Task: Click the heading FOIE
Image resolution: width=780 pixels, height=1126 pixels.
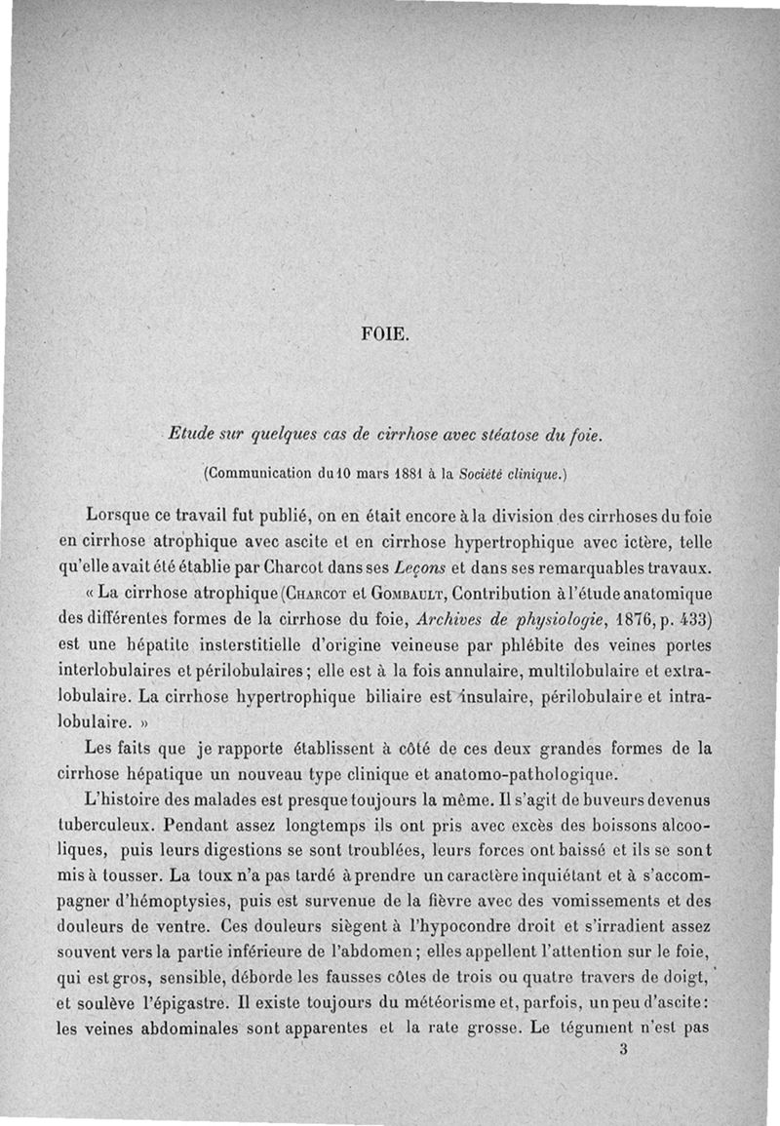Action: pyautogui.click(x=387, y=338)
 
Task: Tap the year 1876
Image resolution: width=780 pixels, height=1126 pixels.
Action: pyautogui.click(x=612, y=618)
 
